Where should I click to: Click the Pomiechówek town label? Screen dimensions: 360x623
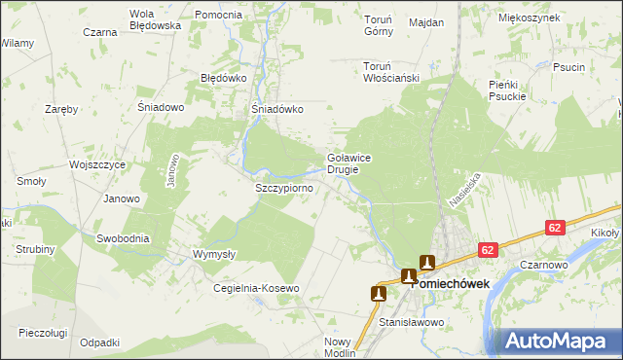pyautogui.click(x=450, y=284)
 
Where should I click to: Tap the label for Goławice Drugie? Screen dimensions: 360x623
pyautogui.click(x=349, y=162)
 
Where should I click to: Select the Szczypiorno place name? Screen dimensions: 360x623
pyautogui.click(x=282, y=187)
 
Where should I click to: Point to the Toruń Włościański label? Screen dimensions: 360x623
pyautogui.click(x=390, y=72)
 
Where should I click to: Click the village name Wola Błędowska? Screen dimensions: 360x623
pyautogui.click(x=156, y=20)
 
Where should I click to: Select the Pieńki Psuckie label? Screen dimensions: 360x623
pyautogui.click(x=507, y=90)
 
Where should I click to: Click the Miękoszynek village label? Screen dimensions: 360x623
pyautogui.click(x=529, y=18)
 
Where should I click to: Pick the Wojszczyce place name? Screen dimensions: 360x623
pyautogui.click(x=97, y=165)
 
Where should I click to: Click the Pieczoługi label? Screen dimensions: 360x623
pyautogui.click(x=43, y=333)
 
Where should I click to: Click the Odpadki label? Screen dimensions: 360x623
pyautogui.click(x=100, y=342)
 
